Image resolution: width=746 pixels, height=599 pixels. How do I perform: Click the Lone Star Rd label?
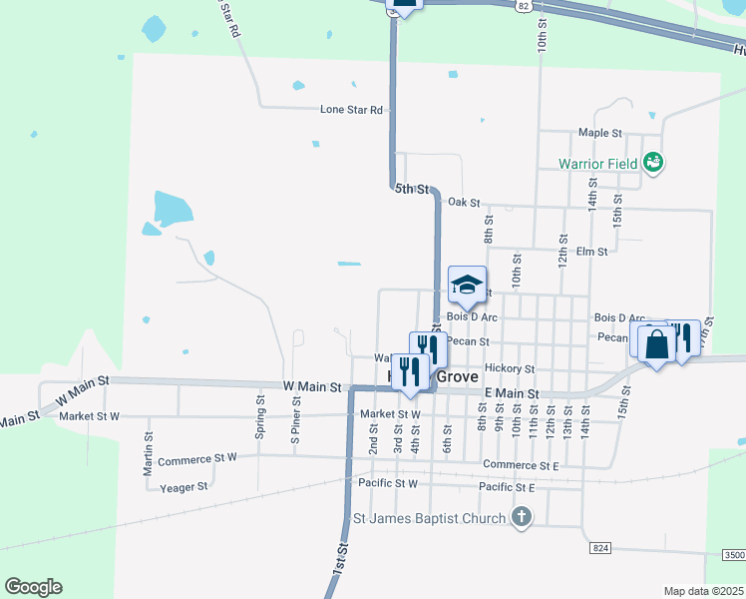coord(352,110)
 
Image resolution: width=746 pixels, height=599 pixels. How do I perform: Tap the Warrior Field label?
coord(597,162)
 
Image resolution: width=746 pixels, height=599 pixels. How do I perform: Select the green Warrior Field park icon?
coord(654,162)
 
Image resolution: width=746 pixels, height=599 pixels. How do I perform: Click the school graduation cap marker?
coord(467,286)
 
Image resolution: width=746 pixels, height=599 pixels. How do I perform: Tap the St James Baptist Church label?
coord(430,518)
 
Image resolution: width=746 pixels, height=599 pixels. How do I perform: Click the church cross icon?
coord(520,517)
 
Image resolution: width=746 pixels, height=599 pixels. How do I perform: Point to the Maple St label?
coord(600,132)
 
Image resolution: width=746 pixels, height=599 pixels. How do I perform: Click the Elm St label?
coord(591,252)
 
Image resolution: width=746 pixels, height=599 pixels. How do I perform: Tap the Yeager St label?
coord(184,486)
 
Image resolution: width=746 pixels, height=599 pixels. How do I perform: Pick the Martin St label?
coord(149,446)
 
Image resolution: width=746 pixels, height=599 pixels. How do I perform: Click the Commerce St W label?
coord(197,458)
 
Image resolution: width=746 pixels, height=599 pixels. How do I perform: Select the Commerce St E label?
coord(521,464)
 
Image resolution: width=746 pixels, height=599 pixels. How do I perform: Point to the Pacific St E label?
coord(507,486)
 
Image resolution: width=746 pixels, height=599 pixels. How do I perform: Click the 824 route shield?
coord(599,548)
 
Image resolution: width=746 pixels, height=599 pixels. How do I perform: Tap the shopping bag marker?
coord(656,345)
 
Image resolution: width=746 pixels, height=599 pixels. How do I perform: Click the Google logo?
coord(33,587)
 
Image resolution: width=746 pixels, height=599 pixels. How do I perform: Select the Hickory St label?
coord(510,368)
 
